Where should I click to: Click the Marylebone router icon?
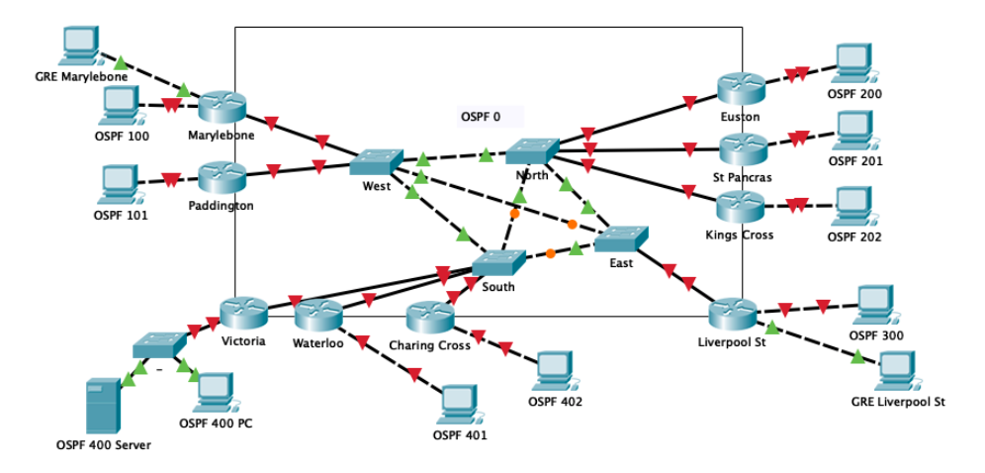[x=222, y=107]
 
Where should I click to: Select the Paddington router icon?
[x=222, y=178]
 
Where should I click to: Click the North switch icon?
[x=532, y=150]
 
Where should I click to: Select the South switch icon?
[x=497, y=262]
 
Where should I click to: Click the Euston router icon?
[x=741, y=89]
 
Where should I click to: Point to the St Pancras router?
[x=741, y=149]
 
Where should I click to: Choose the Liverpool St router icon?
[x=733, y=315]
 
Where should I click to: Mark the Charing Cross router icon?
[x=429, y=318]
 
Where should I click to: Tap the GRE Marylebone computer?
[x=79, y=46]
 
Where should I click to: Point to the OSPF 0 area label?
[x=481, y=117]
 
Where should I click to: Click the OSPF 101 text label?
[x=121, y=214]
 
